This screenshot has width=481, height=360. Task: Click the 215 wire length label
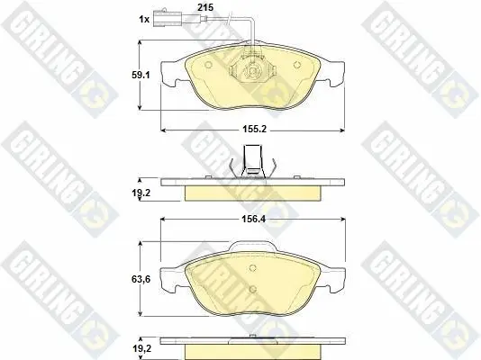tap(205, 7)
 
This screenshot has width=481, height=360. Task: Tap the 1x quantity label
tap(144, 19)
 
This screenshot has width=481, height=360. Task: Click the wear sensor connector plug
tap(165, 18)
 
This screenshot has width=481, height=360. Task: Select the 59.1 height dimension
tap(141, 75)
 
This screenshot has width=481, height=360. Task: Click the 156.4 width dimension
tap(253, 219)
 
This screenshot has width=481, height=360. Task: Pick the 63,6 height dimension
tap(141, 279)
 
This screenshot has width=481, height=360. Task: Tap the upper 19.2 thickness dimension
tap(141, 193)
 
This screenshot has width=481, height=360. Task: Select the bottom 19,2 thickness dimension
tap(141, 348)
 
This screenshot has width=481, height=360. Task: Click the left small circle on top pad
tap(209, 66)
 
